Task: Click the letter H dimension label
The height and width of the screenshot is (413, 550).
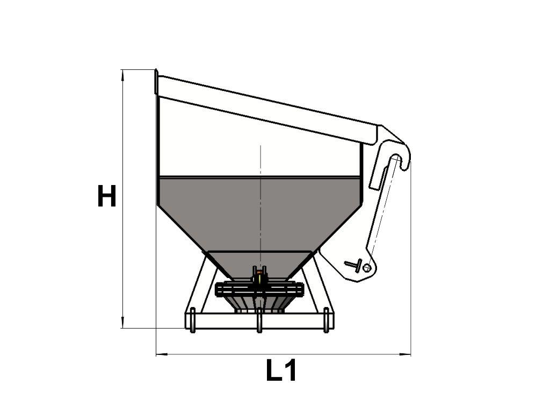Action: coord(107,196)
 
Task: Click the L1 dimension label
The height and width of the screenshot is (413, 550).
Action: coord(281,370)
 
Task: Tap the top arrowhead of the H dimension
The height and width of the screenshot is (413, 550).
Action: coord(122,74)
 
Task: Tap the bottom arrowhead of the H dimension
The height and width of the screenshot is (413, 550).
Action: coord(122,323)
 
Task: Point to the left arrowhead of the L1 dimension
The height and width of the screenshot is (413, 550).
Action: coord(161,354)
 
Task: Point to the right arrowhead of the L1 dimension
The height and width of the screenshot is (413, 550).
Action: coord(405,354)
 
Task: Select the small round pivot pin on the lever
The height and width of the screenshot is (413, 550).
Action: coord(367,268)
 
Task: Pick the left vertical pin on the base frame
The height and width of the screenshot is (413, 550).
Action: coord(193,320)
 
